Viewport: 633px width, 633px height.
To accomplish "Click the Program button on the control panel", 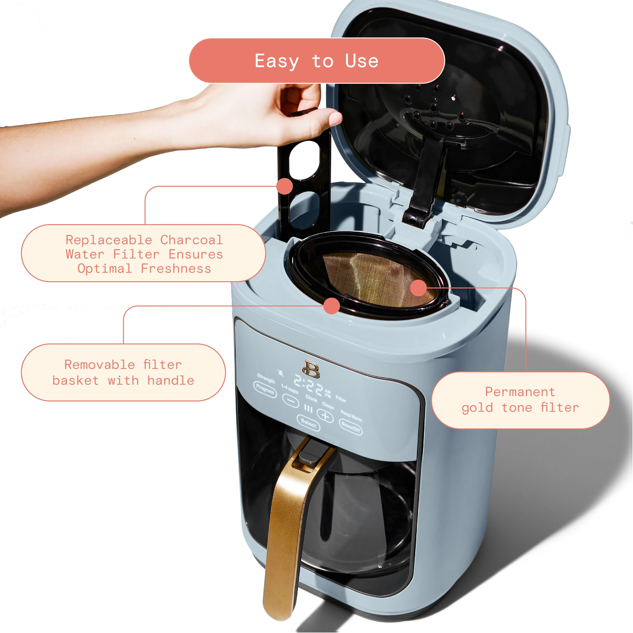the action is (265, 389).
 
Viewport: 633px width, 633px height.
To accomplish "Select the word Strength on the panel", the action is (266, 378).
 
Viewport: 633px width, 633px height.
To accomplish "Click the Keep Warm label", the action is (351, 416).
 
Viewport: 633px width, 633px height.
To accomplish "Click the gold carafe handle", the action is (288, 524).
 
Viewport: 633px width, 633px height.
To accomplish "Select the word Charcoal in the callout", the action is (191, 240).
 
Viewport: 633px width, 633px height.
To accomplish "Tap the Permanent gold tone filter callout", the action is (520, 400).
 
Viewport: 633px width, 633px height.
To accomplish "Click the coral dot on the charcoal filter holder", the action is (284, 186).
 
